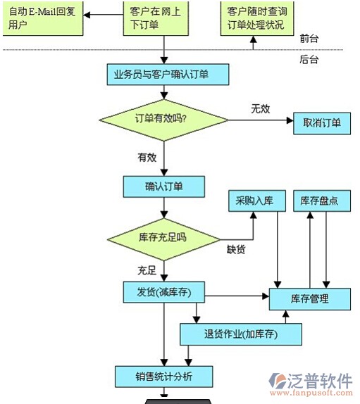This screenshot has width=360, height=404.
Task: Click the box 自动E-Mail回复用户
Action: [43, 18]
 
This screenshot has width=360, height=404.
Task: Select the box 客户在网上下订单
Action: [156, 18]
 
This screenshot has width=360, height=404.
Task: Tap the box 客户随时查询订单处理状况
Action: [257, 18]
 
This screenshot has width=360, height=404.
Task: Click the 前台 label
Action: [309, 39]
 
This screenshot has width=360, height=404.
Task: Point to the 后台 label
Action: [309, 59]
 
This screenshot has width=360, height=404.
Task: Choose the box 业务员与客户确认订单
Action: [168, 75]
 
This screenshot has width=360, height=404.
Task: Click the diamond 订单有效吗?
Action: [163, 120]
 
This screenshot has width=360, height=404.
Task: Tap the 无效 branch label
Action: [261, 108]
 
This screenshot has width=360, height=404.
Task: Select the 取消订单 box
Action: [322, 123]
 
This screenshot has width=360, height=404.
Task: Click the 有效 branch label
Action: [147, 158]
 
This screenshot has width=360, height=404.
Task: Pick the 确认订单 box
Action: [163, 187]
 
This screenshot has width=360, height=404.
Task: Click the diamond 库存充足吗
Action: [163, 239]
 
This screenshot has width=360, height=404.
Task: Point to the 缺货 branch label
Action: [236, 249]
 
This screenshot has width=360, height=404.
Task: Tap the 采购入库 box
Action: [257, 201]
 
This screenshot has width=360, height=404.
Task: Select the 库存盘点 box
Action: [322, 201]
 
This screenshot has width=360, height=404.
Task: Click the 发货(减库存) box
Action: [163, 292]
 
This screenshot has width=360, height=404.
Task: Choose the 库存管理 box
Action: [310, 299]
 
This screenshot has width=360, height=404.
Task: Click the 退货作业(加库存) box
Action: [241, 334]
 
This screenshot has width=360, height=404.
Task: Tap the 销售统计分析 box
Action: [163, 377]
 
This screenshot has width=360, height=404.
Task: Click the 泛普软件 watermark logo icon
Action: [278, 381]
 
